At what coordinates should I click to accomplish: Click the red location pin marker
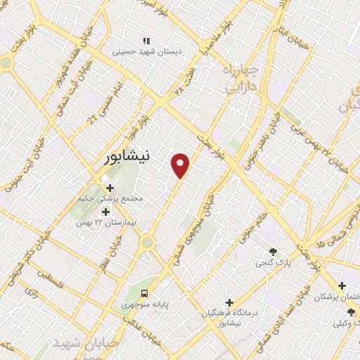tap(181, 165)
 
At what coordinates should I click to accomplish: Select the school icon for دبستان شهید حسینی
tap(146, 41)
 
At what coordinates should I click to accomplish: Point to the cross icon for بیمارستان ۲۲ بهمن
tap(105, 212)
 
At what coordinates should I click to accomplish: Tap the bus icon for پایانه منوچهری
tap(144, 292)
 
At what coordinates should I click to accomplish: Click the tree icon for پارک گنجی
tap(273, 252)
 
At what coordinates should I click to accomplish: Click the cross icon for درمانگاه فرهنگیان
tap(229, 302)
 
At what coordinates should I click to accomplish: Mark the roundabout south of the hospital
tap(148, 243)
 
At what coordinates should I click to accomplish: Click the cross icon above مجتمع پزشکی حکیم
tap(110, 188)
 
